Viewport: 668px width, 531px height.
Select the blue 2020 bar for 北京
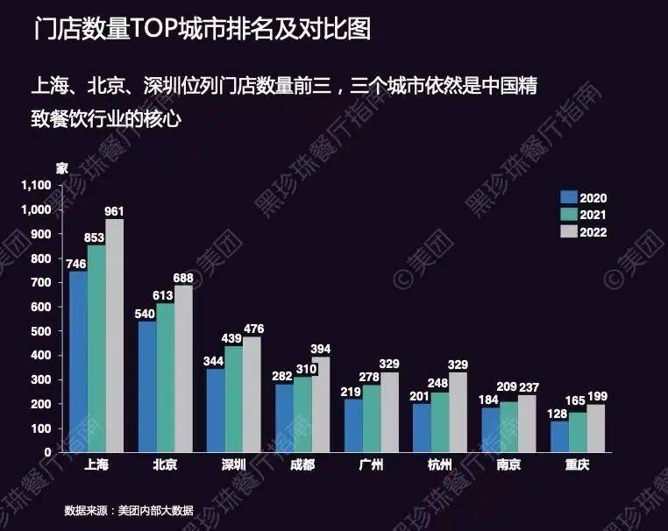[x=147, y=386]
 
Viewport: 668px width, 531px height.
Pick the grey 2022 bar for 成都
[x=320, y=404]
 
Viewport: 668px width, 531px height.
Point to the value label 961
[x=115, y=211]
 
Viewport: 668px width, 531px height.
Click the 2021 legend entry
[x=585, y=215]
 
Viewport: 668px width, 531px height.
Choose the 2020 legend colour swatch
[x=568, y=198]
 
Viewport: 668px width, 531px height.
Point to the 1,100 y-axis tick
[x=37, y=186]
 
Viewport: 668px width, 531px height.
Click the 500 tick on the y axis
[x=43, y=331]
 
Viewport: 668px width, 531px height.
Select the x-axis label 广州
[x=371, y=465]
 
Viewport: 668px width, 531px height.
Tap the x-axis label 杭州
[x=439, y=465]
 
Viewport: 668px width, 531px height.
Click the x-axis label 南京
[x=508, y=465]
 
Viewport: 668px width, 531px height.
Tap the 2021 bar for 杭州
[x=439, y=421]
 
